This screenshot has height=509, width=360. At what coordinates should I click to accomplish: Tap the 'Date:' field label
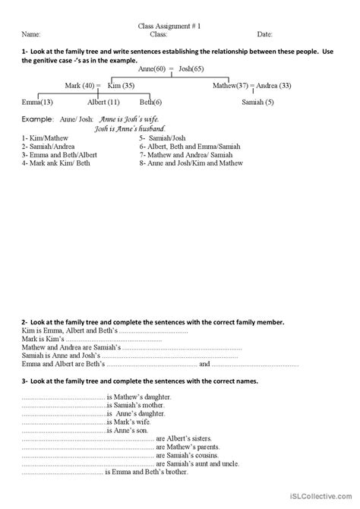(x=265, y=34)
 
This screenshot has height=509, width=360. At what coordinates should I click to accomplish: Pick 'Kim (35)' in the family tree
(x=122, y=86)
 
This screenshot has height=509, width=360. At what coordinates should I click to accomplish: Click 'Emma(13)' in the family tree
(x=37, y=102)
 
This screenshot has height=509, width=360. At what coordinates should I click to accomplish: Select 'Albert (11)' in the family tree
(x=103, y=102)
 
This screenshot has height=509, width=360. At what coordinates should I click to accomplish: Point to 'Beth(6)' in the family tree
(x=150, y=102)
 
